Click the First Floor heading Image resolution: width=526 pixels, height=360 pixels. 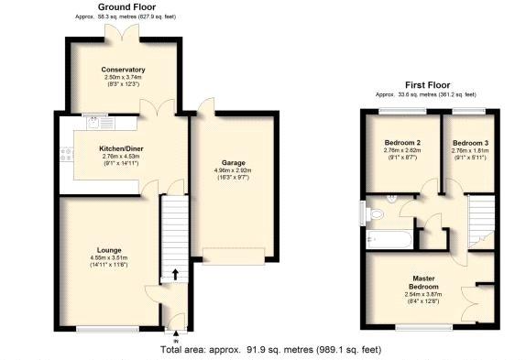(x=425, y=85)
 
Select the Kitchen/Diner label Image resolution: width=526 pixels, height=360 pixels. (x=121, y=148)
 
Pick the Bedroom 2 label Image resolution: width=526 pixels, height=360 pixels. (x=403, y=143)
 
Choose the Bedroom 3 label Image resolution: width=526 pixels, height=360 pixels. (x=470, y=143)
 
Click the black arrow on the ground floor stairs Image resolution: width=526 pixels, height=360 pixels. (x=175, y=274)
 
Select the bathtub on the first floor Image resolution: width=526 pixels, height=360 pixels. (x=386, y=240)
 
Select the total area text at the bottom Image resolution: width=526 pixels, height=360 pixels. (x=270, y=349)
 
